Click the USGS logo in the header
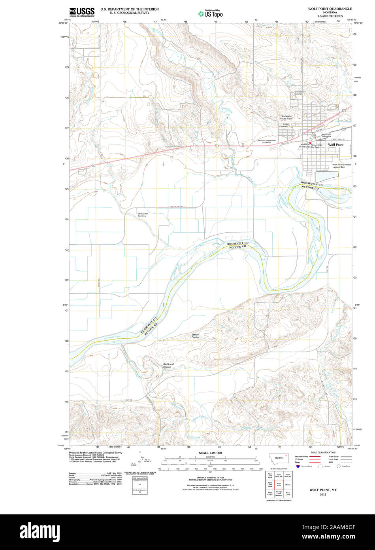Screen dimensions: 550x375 (82, 12)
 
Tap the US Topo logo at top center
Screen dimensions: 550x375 (210, 13)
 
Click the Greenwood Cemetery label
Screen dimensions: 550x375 (298, 93)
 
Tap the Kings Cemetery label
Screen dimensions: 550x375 (284, 125)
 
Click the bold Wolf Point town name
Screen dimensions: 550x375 (336, 145)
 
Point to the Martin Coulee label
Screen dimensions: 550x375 (195, 336)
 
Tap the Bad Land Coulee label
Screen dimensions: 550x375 (168, 365)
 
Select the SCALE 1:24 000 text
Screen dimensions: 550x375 (211, 453)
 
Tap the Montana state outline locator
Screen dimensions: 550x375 (279, 458)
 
